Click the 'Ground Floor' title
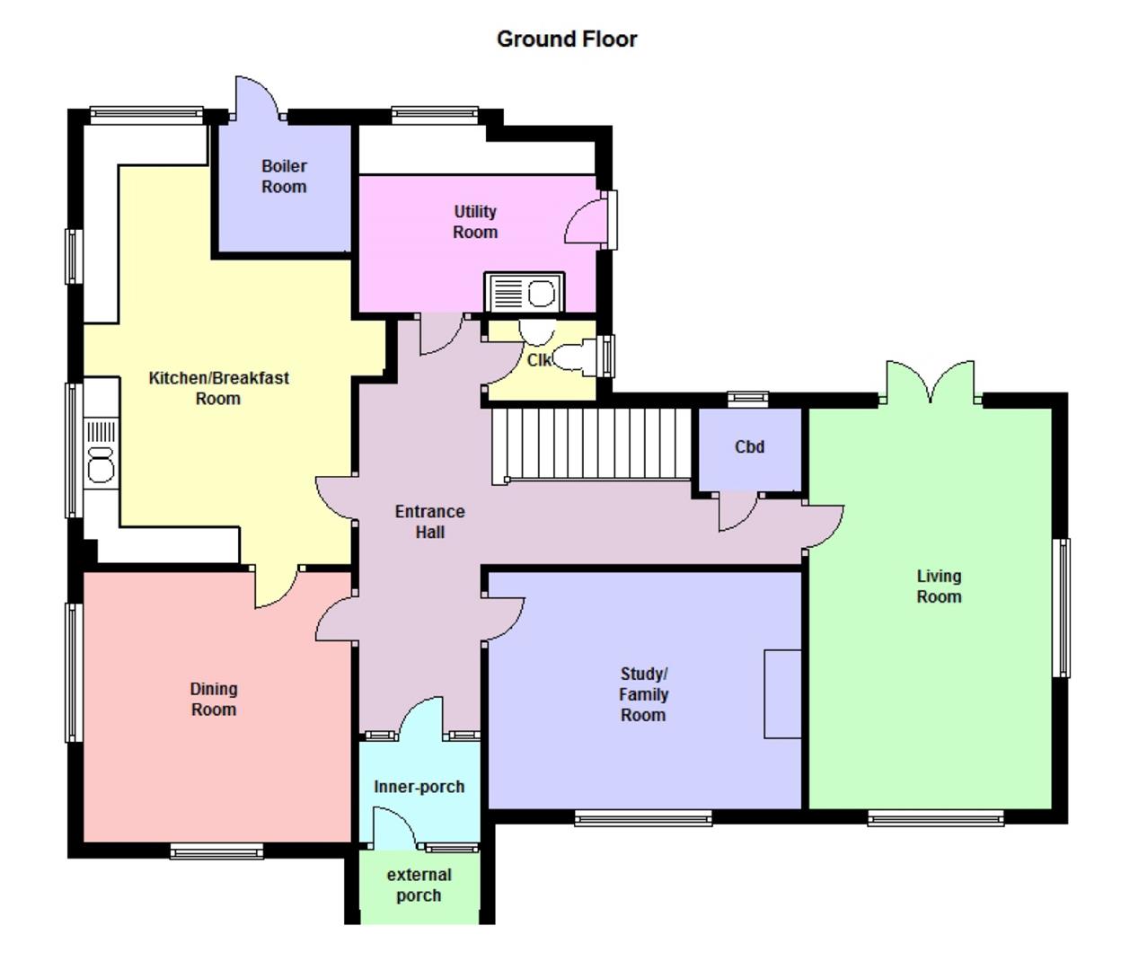pos(567,40)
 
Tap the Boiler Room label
pos(284,177)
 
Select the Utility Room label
pos(475,222)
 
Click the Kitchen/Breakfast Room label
pos(218,388)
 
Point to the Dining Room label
pos(214,699)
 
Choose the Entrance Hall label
pos(429,522)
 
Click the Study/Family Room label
pos(643,694)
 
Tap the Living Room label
pos(939,586)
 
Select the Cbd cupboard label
pos(749,446)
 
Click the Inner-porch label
pos(419,787)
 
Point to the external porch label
pos(419,885)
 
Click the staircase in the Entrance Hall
pos(591,445)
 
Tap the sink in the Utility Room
pos(525,293)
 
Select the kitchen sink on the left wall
pos(102,450)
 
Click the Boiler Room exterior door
pos(259,99)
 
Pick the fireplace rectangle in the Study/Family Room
pos(782,694)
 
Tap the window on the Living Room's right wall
pos(1061,607)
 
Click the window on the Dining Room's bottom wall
pos(216,851)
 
